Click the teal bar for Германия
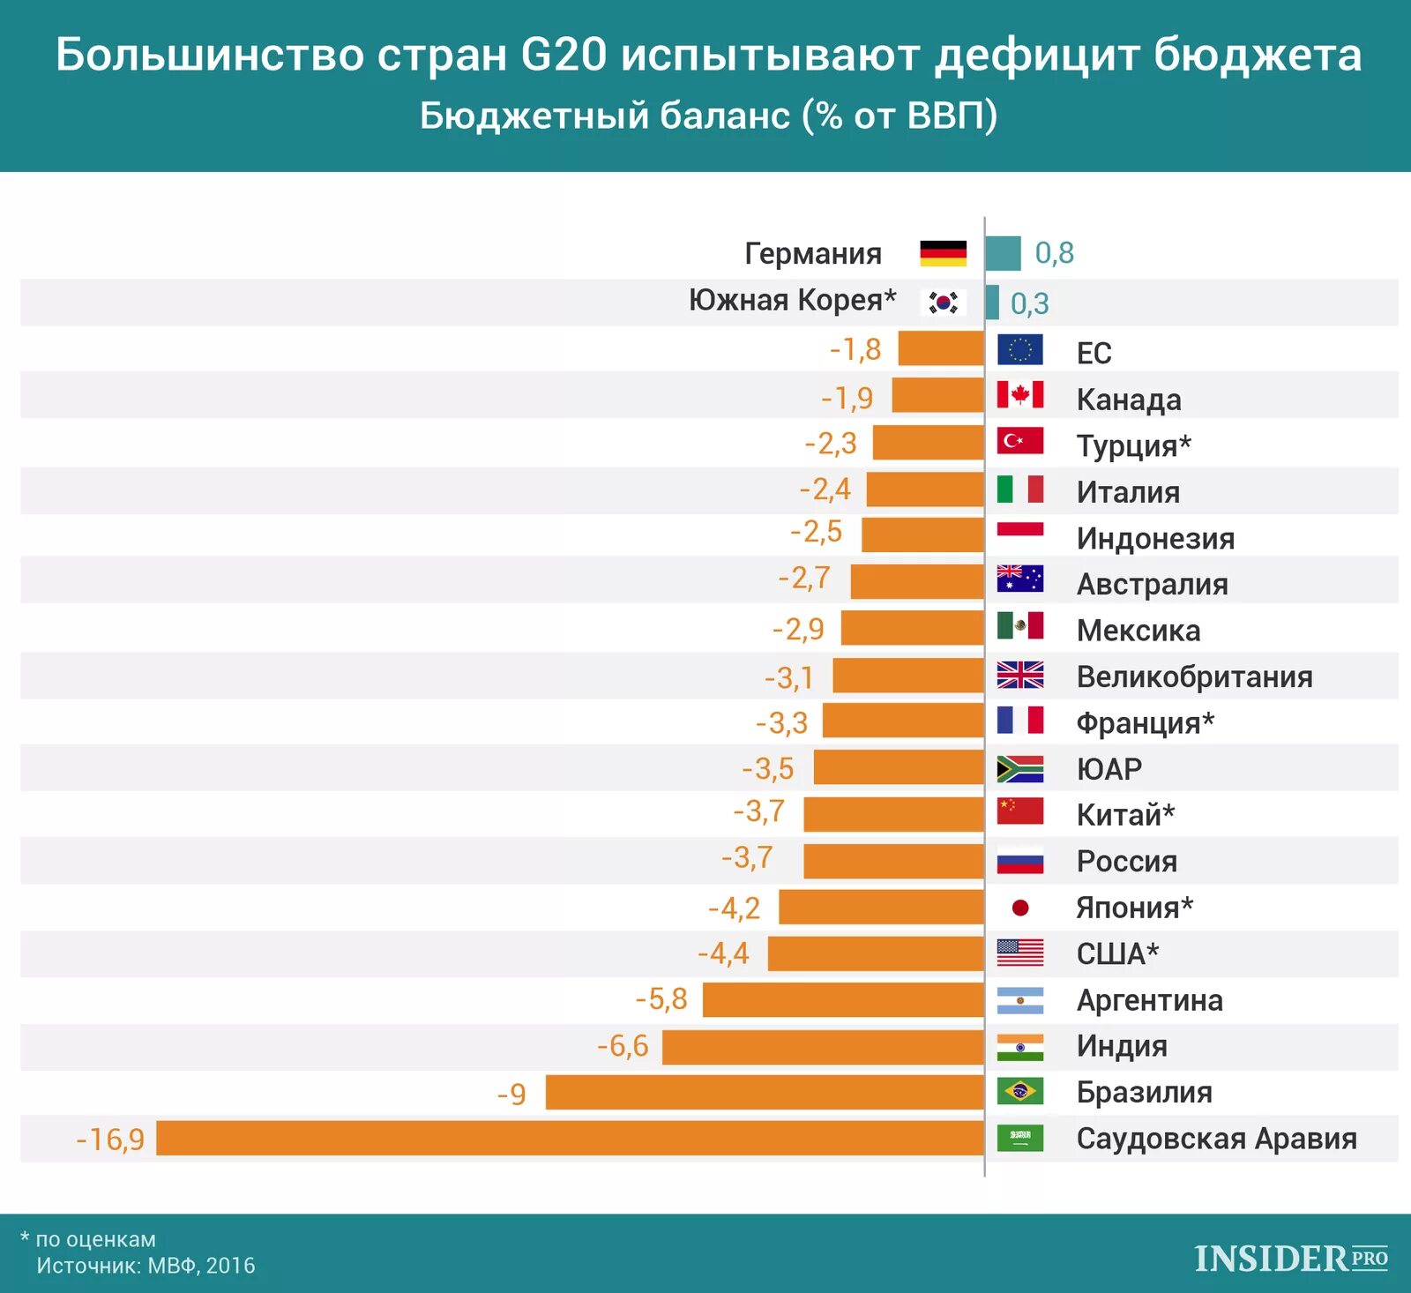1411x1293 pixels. click(x=1003, y=253)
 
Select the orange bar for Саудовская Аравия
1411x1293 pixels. click(x=570, y=1138)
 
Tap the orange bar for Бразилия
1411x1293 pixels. click(x=765, y=1092)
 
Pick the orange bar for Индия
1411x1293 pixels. click(x=823, y=1047)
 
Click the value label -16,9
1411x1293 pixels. click(x=110, y=1140)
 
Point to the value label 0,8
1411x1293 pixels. click(x=1054, y=253)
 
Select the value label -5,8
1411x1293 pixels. click(x=661, y=999)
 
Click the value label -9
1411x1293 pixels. click(x=511, y=1095)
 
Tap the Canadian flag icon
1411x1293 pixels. click(x=1019, y=394)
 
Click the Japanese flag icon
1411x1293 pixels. click(x=1019, y=908)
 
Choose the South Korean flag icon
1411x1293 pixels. click(x=943, y=303)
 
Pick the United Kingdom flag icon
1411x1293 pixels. click(x=1019, y=675)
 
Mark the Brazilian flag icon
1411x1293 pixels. click(x=1019, y=1092)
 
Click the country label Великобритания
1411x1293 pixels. click(x=1194, y=676)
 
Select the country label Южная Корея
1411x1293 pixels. click(x=792, y=300)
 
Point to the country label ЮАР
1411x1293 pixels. click(x=1109, y=769)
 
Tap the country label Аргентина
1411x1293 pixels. click(x=1149, y=1000)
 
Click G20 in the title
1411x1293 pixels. click(x=564, y=55)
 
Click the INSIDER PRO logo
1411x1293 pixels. click(x=1291, y=1259)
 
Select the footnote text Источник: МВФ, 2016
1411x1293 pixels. click(x=146, y=1266)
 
